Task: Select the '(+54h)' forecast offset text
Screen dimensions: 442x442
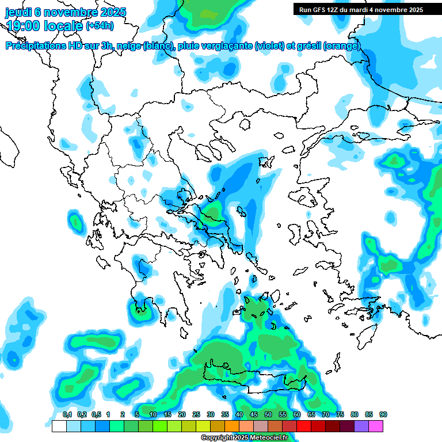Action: [100, 26]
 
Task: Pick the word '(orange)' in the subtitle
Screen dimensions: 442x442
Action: [342, 46]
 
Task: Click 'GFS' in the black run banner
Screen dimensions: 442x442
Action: [319, 10]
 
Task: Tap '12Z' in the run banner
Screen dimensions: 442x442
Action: [335, 10]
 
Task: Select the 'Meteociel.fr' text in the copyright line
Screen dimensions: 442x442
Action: [268, 437]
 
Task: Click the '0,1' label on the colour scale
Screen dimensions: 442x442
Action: [67, 414]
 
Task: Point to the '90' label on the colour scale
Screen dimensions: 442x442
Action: [383, 414]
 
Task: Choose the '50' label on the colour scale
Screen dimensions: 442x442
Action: [268, 414]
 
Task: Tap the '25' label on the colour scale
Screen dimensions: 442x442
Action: [196, 414]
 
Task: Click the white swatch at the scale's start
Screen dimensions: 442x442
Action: [59, 426]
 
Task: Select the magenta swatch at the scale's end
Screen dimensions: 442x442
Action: [376, 426]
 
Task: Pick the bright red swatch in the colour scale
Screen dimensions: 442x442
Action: [304, 426]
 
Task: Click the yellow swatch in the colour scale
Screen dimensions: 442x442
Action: [203, 426]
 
